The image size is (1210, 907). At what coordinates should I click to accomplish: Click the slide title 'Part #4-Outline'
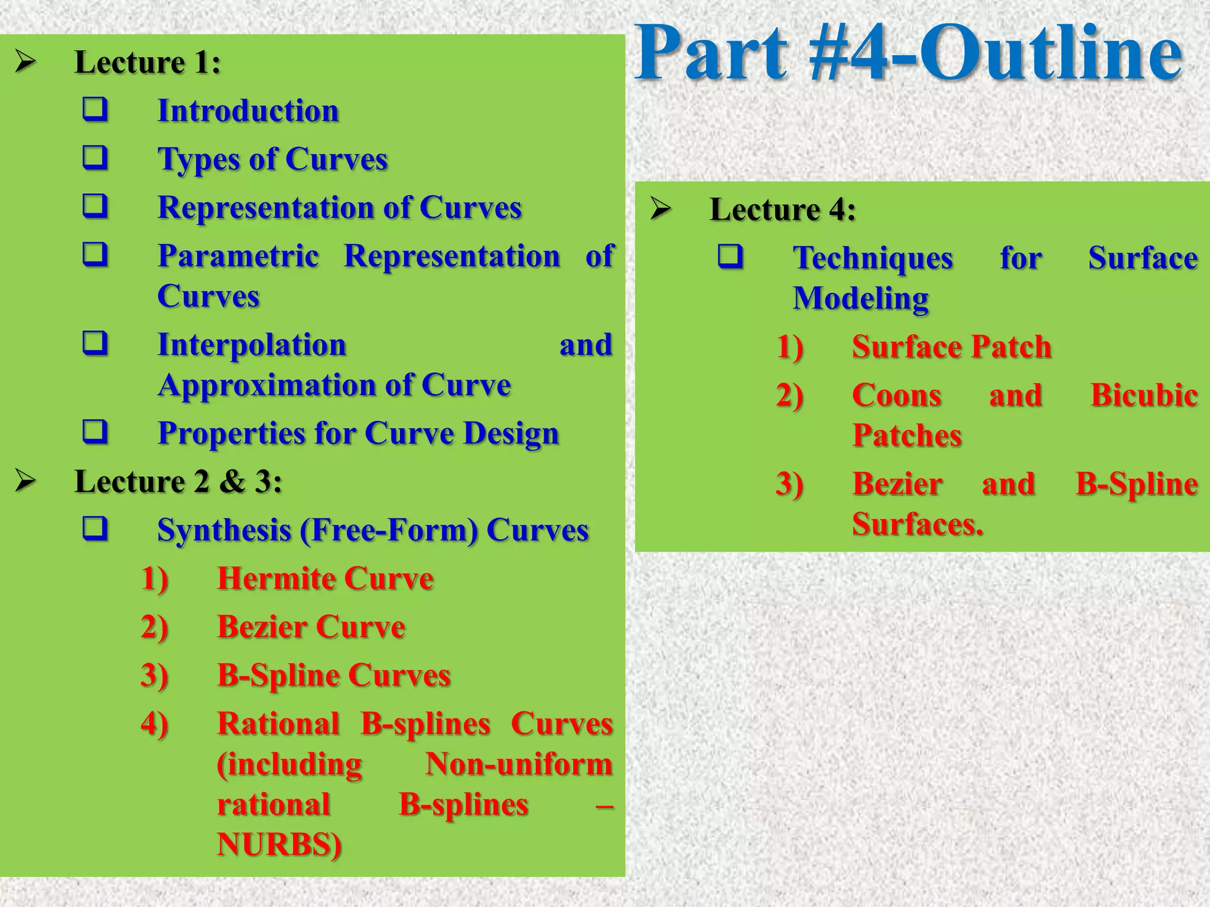coord(909,54)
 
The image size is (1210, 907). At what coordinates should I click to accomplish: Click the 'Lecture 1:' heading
coord(148,63)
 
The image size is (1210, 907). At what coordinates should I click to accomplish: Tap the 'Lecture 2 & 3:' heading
coord(178,482)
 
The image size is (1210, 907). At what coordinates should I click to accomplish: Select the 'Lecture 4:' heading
coord(782,210)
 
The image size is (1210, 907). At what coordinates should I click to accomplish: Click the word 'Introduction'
coord(248,111)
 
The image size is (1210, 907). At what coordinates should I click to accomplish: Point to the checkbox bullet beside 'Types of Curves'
coord(95,158)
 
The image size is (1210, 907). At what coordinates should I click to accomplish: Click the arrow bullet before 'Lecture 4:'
coord(660,209)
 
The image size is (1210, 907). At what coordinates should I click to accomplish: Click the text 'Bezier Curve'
coord(311,627)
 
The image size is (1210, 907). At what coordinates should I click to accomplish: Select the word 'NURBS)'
coord(279,844)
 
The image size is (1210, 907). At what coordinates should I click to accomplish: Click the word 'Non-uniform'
coord(519,764)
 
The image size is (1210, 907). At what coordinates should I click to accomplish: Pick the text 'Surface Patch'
coord(951,347)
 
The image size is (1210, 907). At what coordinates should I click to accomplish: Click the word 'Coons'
coord(896,396)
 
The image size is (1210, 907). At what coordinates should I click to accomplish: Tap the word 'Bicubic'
coord(1144,396)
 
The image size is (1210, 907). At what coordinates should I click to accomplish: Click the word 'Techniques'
coord(873,259)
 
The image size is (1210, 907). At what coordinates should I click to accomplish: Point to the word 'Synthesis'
coord(224,530)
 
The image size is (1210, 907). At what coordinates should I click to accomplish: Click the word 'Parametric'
coord(238,256)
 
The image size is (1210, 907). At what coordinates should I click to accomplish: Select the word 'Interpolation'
coord(252,345)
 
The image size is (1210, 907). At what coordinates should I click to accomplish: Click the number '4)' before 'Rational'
coord(154,724)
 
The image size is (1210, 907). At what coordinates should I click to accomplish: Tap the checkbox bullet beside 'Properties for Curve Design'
coord(95,432)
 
